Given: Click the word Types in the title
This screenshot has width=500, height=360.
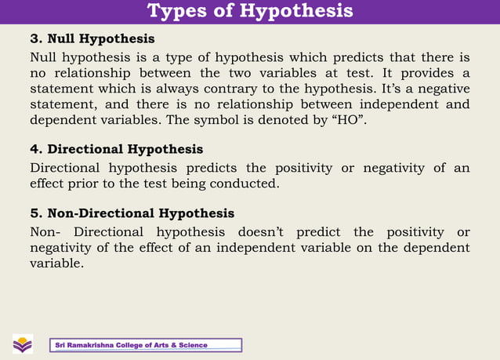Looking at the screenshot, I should click(x=173, y=11).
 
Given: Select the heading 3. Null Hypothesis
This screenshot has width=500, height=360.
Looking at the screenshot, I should click(x=92, y=38).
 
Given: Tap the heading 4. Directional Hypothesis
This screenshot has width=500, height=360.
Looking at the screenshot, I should click(x=116, y=149).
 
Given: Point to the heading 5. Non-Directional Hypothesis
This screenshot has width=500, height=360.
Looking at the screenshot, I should click(x=132, y=213).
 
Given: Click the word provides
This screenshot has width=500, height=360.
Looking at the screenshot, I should click(x=423, y=72).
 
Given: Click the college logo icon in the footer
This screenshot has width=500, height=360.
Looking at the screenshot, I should click(x=23, y=344).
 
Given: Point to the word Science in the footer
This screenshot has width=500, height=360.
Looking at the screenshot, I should click(x=193, y=345).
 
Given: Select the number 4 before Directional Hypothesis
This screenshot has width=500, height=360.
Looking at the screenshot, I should click(x=34, y=149).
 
